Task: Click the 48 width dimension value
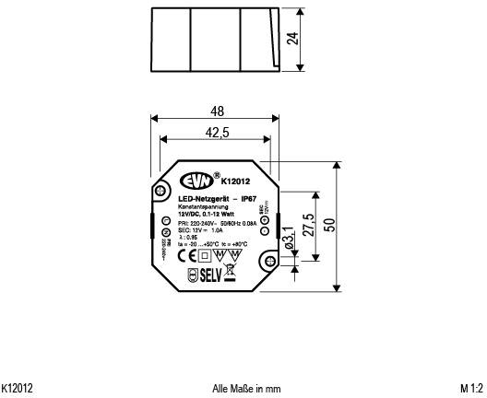[x=216, y=111]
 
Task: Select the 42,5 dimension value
[x=217, y=133]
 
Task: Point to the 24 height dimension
[x=292, y=39]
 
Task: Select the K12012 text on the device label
[x=238, y=181]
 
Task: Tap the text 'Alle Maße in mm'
[x=245, y=389]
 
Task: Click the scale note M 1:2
[x=471, y=389]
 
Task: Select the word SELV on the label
[x=210, y=274]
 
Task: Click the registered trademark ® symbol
[x=217, y=174]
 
